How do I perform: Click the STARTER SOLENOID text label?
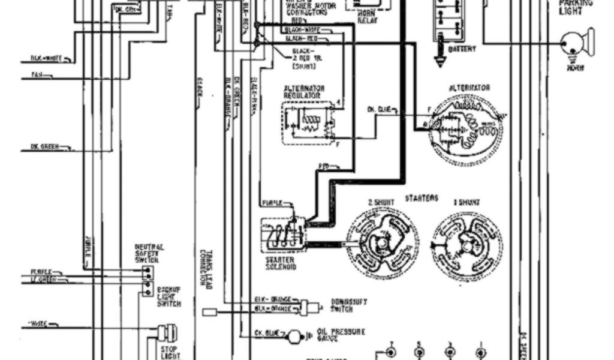[280, 264]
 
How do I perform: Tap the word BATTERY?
[462, 49]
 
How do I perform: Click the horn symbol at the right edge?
[577, 43]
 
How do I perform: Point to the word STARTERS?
[422, 198]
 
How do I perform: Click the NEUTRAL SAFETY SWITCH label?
[150, 253]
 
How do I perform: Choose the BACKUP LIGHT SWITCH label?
[169, 296]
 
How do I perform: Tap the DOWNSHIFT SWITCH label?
[349, 305]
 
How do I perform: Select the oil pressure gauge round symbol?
[295, 337]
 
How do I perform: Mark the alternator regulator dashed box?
[308, 123]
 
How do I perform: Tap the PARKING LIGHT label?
[576, 7]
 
